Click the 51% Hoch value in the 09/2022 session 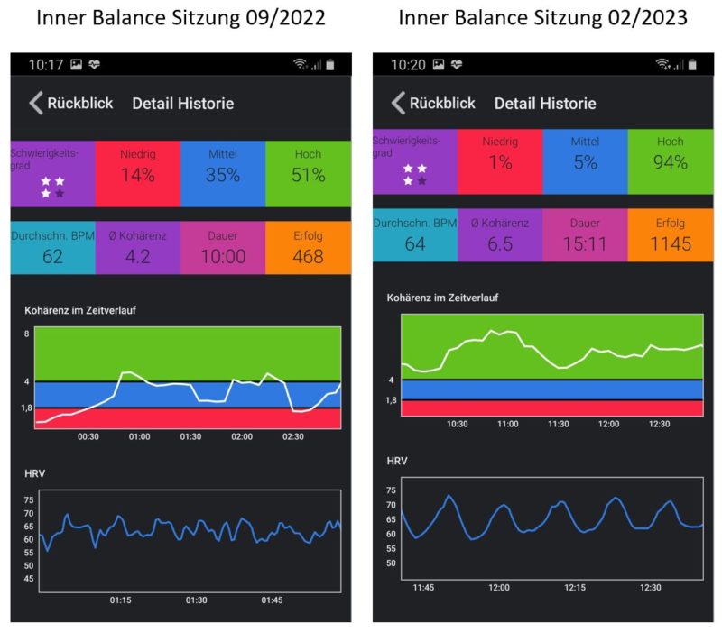[x=308, y=175]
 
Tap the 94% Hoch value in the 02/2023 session [x=670, y=162]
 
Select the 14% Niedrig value [x=138, y=175]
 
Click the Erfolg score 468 [x=308, y=257]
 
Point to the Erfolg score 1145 [x=670, y=243]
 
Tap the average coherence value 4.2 [x=138, y=257]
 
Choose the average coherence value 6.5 [x=500, y=243]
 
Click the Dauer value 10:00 [x=223, y=257]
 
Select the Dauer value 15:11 [x=585, y=243]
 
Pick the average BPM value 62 [x=53, y=257]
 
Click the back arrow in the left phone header [x=35, y=103]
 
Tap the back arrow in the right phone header [x=397, y=103]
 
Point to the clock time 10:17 [x=45, y=65]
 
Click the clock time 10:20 [x=408, y=65]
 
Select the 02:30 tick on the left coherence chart [x=292, y=436]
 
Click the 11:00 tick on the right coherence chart [x=507, y=424]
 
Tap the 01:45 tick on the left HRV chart [x=272, y=600]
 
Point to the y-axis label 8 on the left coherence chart [x=27, y=334]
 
